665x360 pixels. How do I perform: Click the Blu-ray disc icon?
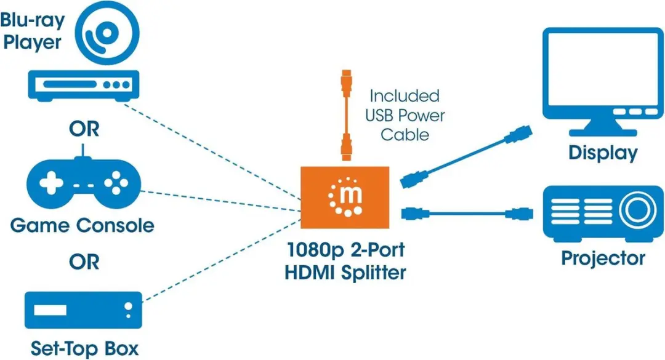pos(107,33)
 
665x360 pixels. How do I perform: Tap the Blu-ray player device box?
pos(84,86)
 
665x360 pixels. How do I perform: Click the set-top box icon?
pos(83,310)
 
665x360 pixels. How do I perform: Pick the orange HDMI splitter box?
pos(345,197)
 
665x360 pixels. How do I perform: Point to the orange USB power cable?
pos(347,115)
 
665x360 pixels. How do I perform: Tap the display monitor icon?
pos(603,81)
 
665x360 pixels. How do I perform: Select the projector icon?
pos(603,214)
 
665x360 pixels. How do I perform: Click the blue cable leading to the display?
pos(466,156)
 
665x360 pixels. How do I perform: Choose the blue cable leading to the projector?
pos(467,214)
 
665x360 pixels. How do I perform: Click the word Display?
pos(603,153)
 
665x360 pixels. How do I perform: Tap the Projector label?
pos(603,258)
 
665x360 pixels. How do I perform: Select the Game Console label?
pos(83,225)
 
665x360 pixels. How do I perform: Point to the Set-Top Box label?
pos(84,348)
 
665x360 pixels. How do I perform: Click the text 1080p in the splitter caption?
pos(315,250)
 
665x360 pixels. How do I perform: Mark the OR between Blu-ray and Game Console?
pos(84,129)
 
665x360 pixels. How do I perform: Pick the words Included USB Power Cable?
pos(405,115)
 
